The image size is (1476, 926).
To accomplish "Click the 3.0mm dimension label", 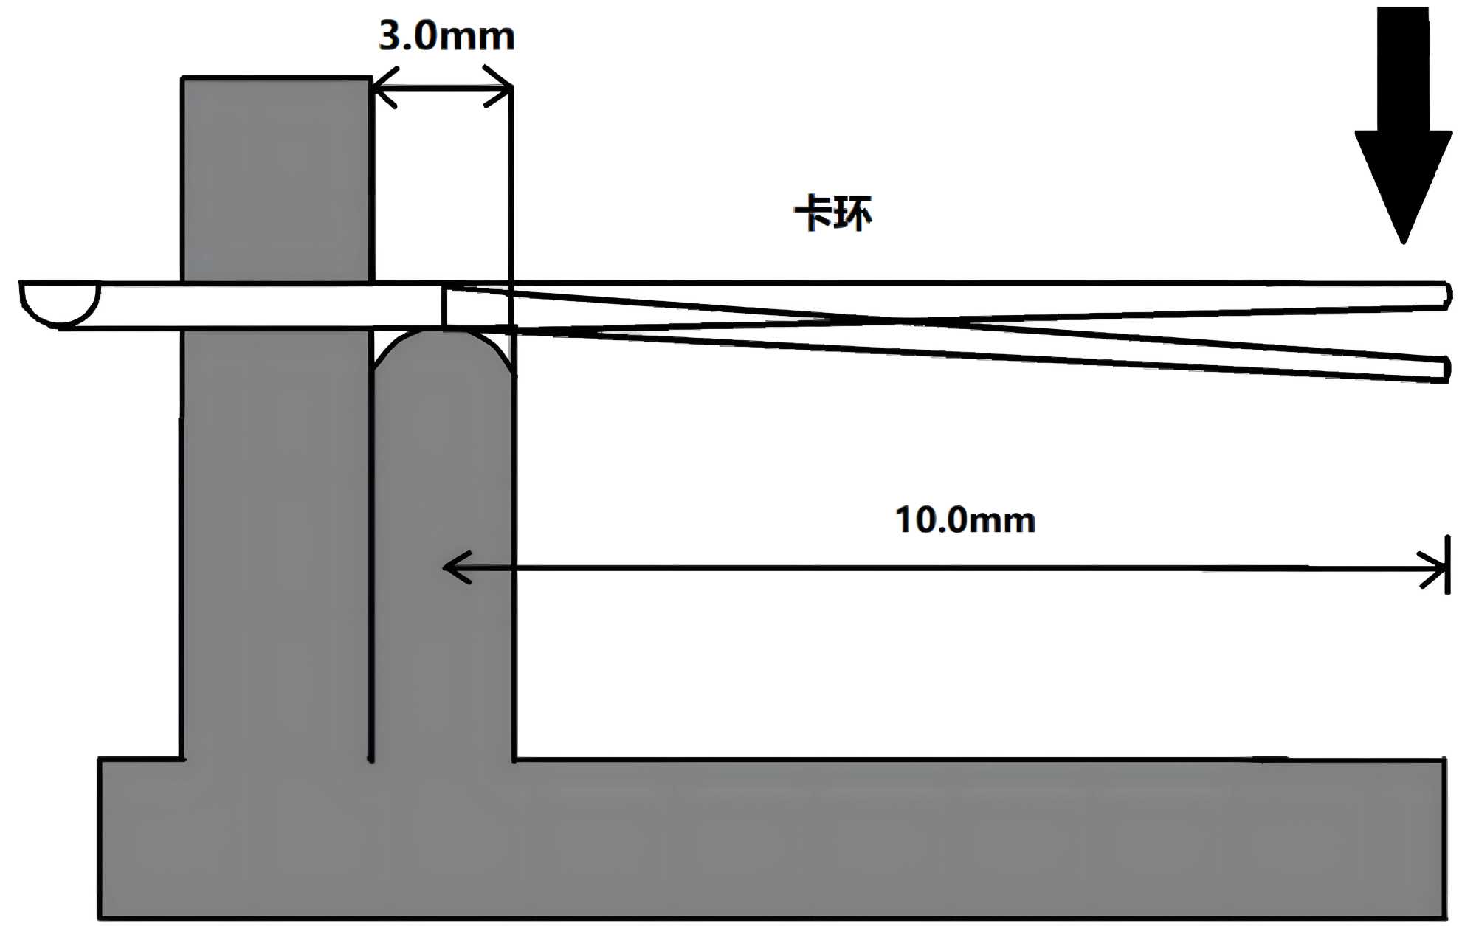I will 446,35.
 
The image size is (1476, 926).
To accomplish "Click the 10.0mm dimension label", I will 965,520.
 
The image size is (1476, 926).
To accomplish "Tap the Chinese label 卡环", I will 833,213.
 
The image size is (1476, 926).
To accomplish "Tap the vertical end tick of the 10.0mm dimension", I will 1448,564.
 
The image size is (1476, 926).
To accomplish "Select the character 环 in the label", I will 853,213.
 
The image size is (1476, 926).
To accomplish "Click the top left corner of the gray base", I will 101,760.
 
